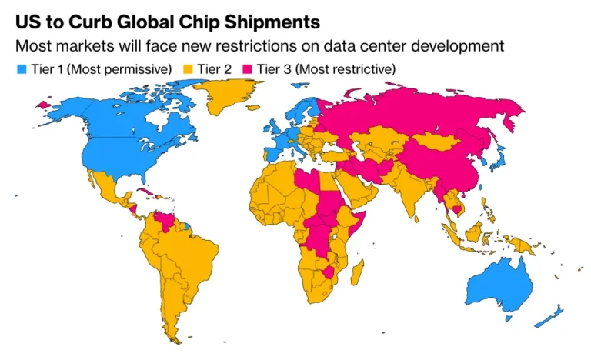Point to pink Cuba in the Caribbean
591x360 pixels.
145,192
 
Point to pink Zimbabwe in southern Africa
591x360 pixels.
329,272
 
